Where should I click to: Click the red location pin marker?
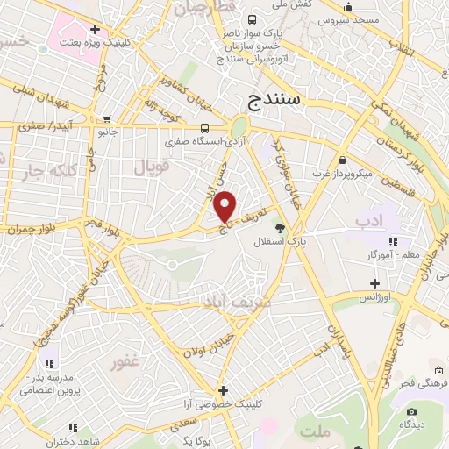[x=225, y=205]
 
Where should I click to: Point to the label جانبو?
[x=108, y=133]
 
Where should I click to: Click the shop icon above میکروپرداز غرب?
[x=341, y=161]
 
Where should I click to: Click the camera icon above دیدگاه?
[x=411, y=410]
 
